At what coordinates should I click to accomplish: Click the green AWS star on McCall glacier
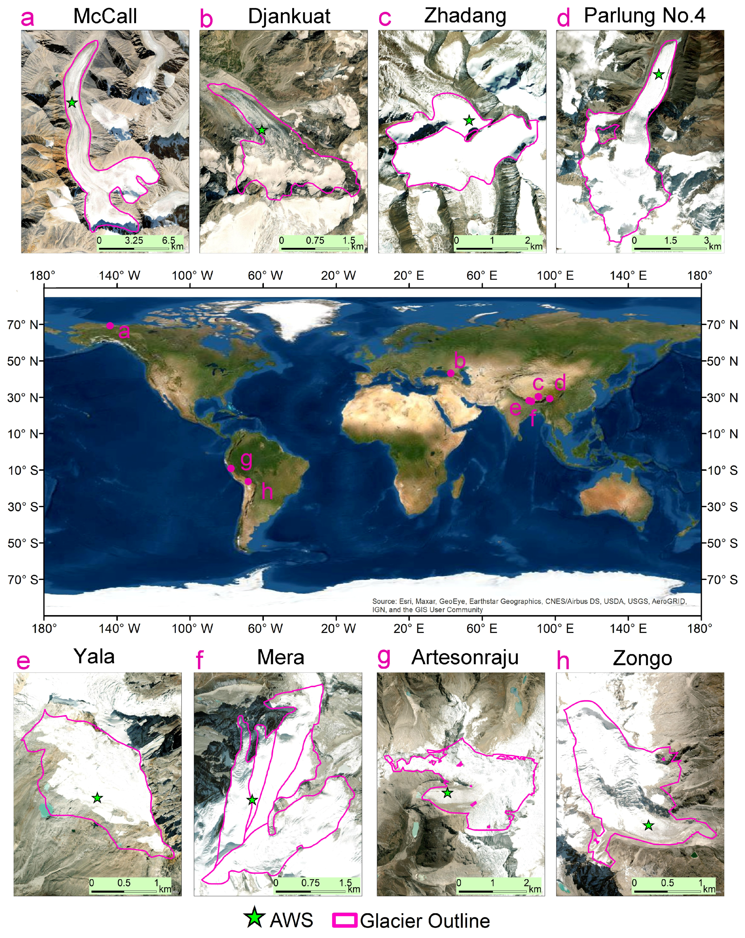(72, 103)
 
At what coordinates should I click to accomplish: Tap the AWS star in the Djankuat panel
(261, 130)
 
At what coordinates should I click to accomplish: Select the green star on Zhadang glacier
(469, 121)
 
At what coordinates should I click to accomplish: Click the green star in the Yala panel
(97, 798)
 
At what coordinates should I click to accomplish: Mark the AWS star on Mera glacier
(252, 800)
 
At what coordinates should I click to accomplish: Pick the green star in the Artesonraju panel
(447, 793)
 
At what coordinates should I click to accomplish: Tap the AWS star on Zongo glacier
(648, 825)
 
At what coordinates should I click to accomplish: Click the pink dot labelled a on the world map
(110, 325)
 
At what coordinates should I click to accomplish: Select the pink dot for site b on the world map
(451, 373)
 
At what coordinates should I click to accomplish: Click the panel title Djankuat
(289, 16)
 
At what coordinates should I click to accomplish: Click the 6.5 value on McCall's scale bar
(168, 240)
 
